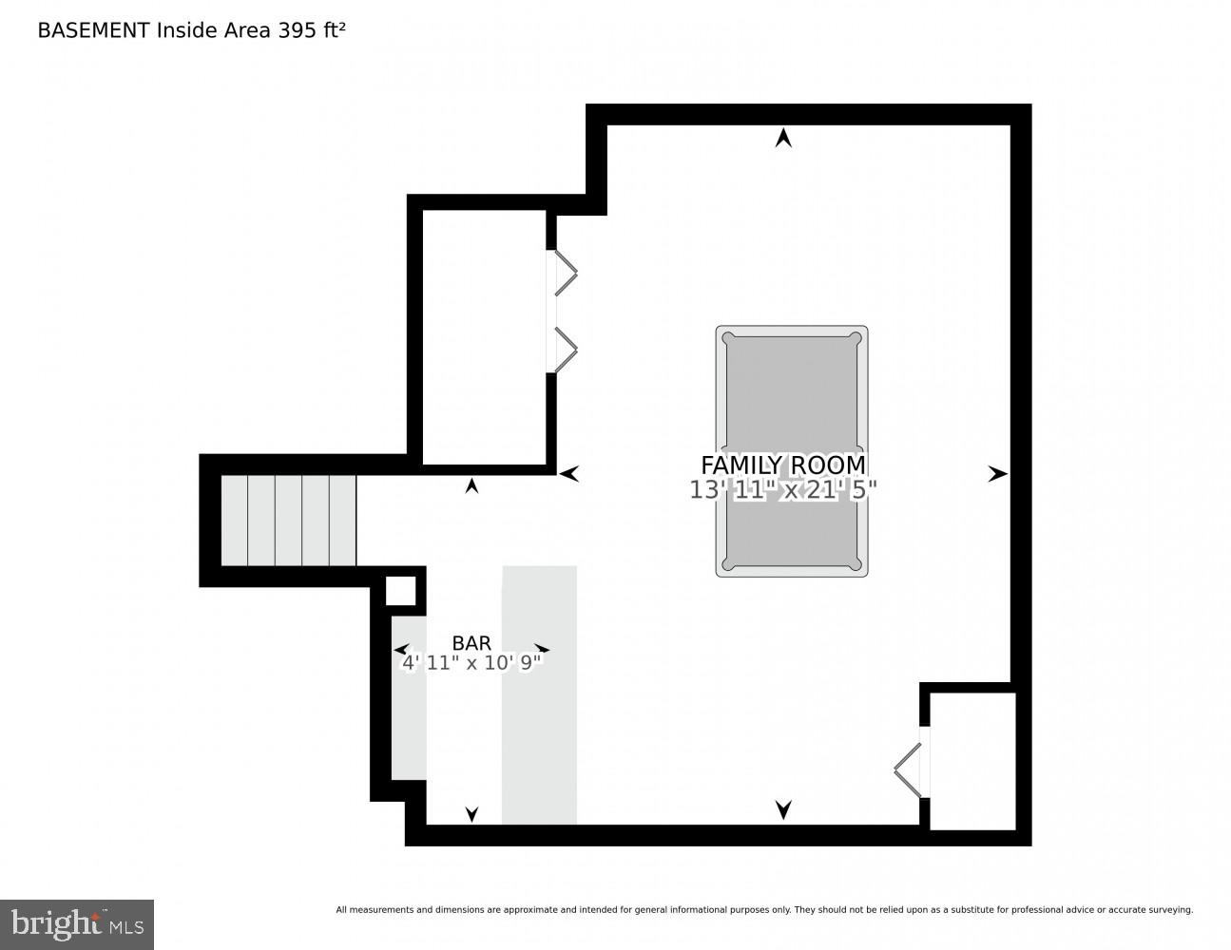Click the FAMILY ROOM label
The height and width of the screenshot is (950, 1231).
pyautogui.click(x=782, y=465)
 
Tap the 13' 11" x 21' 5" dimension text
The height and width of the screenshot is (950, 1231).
pyautogui.click(x=782, y=489)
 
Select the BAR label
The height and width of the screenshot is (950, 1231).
pyautogui.click(x=471, y=643)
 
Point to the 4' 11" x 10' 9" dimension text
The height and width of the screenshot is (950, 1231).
pyautogui.click(x=471, y=662)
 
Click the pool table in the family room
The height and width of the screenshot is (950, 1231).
pyautogui.click(x=791, y=399)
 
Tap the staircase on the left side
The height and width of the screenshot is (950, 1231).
pyautogui.click(x=288, y=521)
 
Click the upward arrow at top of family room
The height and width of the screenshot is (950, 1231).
pyautogui.click(x=783, y=139)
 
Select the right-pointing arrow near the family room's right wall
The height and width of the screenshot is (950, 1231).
pyautogui.click(x=997, y=473)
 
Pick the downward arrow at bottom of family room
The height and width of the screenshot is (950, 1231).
pyautogui.click(x=783, y=809)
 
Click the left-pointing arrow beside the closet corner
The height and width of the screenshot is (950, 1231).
pyautogui.click(x=569, y=473)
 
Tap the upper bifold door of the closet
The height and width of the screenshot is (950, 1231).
pyautogui.click(x=566, y=274)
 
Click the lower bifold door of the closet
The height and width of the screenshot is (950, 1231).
pyautogui.click(x=566, y=350)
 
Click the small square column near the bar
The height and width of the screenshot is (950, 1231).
pyautogui.click(x=400, y=590)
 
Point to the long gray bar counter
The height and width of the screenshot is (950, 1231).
pyautogui.click(x=539, y=694)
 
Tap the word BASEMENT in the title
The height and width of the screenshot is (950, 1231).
pyautogui.click(x=93, y=30)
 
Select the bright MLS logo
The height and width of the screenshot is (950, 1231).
pyautogui.click(x=77, y=924)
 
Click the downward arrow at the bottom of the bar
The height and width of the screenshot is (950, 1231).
pyautogui.click(x=471, y=813)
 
